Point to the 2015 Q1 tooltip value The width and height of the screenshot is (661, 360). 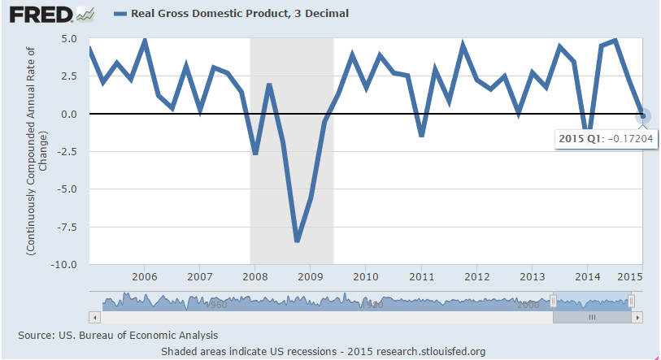click(598, 139)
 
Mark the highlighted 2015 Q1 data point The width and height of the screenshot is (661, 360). click(642, 115)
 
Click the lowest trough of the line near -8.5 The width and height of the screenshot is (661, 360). click(298, 241)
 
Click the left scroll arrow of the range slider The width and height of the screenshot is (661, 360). click(94, 316)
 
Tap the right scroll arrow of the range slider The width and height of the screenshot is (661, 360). click(638, 316)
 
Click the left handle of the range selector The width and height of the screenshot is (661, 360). click(553, 301)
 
